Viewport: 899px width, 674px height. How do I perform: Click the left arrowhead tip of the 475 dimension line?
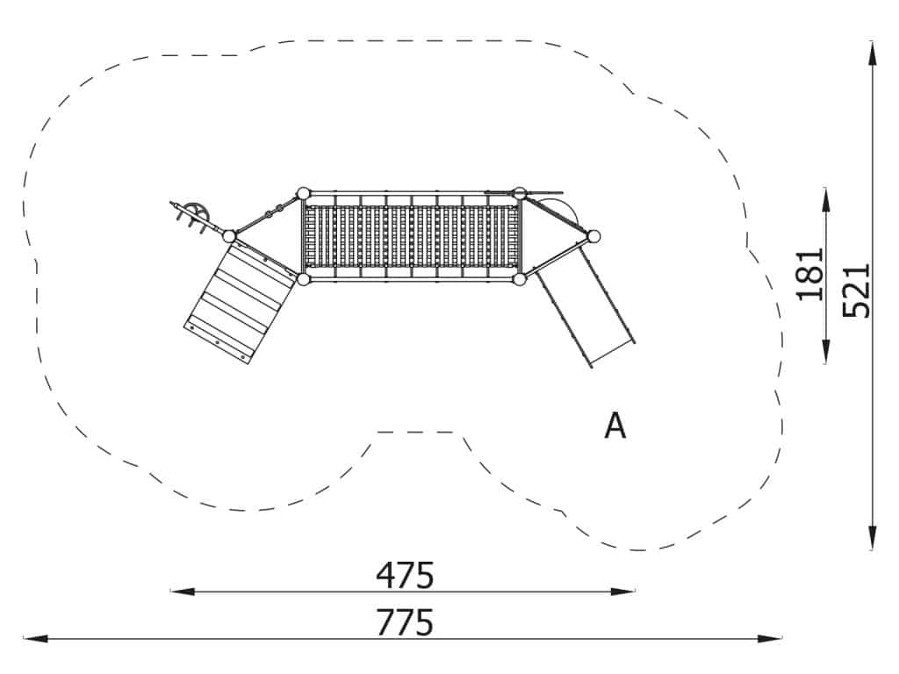point(171,591)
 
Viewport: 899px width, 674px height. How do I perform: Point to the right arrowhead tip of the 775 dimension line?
point(781,638)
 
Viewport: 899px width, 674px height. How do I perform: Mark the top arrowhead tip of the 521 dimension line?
point(872,41)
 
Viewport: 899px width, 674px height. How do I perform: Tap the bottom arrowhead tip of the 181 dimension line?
point(825,364)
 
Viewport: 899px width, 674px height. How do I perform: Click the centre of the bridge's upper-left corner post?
point(303,193)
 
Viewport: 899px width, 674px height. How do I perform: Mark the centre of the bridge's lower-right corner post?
point(520,279)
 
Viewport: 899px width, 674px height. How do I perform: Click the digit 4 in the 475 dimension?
point(386,575)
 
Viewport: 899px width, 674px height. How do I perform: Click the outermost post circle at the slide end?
point(594,236)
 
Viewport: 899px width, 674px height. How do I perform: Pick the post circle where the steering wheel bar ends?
point(229,236)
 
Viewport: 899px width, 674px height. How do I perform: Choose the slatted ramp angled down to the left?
point(239,303)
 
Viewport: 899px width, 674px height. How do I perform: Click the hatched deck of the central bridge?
point(411,236)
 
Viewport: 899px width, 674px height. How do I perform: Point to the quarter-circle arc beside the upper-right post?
point(561,210)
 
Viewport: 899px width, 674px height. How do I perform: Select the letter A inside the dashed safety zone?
point(615,426)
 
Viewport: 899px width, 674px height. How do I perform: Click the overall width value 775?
point(405,622)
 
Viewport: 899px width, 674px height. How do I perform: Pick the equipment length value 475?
point(405,575)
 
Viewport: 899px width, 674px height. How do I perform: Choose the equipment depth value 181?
point(810,274)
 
